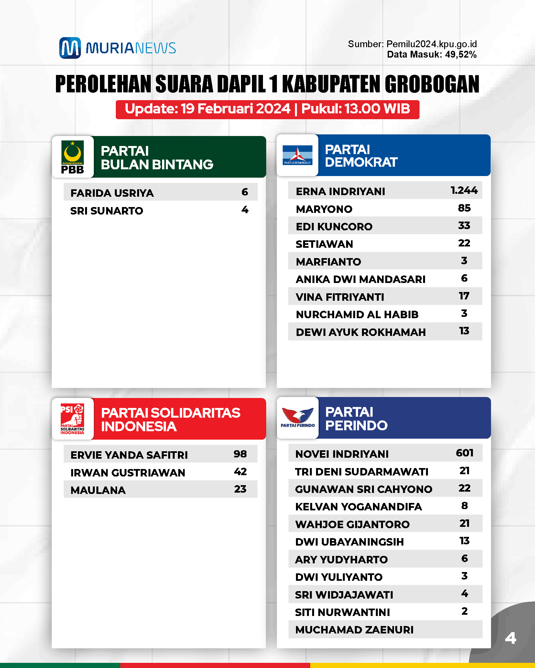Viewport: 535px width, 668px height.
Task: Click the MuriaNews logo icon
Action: [x=70, y=48]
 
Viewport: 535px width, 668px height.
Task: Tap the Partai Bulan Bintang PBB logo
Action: [x=73, y=157]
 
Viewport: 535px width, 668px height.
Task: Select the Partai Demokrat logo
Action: [x=297, y=155]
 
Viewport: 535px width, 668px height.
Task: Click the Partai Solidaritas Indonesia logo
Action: [x=72, y=419]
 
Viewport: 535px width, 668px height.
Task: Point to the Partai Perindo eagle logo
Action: [x=298, y=417]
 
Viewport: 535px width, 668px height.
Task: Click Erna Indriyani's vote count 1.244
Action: [x=464, y=190]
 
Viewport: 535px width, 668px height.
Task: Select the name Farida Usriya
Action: [x=112, y=193]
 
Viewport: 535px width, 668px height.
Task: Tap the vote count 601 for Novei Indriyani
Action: [x=464, y=453]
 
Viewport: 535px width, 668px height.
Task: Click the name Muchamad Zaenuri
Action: [x=354, y=630]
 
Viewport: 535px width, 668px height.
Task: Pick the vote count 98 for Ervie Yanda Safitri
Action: [x=240, y=454]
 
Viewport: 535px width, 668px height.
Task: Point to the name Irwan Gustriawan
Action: [x=128, y=473]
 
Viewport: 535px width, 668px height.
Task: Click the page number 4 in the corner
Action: [x=510, y=638]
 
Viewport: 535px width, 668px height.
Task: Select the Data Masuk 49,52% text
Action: [x=431, y=54]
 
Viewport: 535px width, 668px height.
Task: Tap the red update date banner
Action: [x=267, y=109]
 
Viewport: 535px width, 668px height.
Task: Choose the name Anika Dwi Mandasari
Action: [x=360, y=279]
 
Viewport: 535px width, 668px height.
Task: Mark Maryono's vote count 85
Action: [x=464, y=208]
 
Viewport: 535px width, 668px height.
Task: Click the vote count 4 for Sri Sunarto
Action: [x=245, y=210]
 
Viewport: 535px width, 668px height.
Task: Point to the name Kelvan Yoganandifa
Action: [x=358, y=506]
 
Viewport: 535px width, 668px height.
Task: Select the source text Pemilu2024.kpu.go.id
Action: [x=431, y=44]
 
